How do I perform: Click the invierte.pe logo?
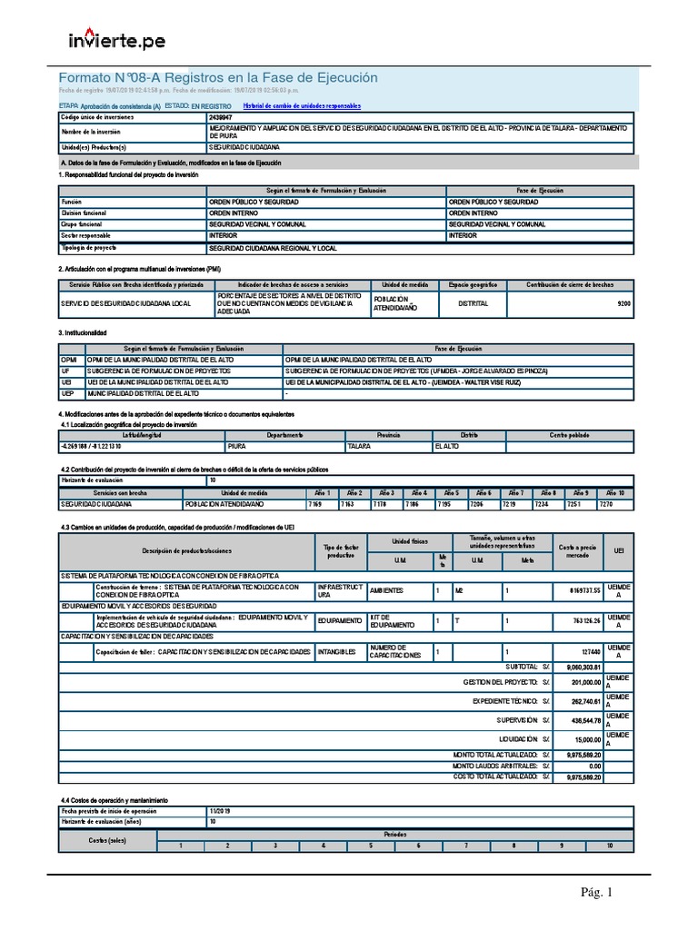coord(115,40)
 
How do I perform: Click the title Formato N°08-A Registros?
coord(217,78)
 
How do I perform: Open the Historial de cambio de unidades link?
coord(295,105)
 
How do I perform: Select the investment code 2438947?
coord(220,118)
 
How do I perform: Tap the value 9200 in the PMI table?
coord(623,304)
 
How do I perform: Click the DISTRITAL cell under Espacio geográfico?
coord(474,304)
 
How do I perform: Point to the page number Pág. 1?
coord(597,893)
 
